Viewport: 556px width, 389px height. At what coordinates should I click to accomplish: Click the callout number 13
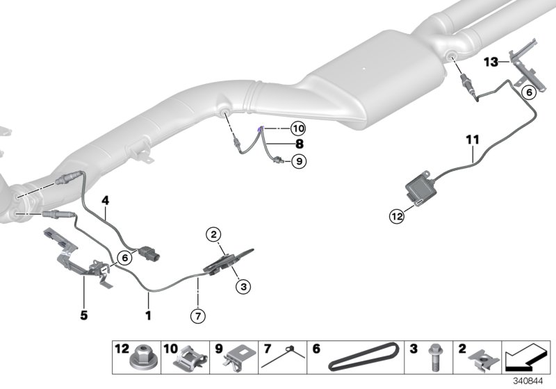[491, 63]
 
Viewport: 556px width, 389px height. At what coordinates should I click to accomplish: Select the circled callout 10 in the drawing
[297, 129]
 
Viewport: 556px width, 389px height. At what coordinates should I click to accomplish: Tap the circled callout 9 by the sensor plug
[297, 161]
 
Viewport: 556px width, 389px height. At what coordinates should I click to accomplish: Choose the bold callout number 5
[83, 314]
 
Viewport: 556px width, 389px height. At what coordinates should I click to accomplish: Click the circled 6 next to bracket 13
[529, 91]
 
